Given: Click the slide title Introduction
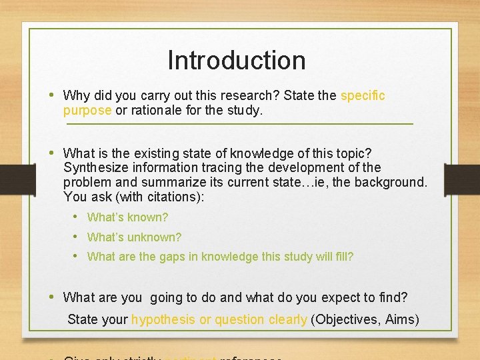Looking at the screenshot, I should [x=237, y=60].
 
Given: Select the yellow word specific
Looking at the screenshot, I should [x=363, y=95].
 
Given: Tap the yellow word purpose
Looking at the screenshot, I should [x=87, y=110].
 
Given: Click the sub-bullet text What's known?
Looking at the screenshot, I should [x=127, y=217].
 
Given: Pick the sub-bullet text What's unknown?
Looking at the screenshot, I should [x=134, y=237].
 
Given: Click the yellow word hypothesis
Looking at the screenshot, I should [x=163, y=319].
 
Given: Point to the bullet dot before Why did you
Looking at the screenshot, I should [x=53, y=95].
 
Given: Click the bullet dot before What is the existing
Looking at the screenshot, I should [x=53, y=153].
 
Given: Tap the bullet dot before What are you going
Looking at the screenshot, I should [x=53, y=297].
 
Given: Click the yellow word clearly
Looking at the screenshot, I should [x=287, y=319].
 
